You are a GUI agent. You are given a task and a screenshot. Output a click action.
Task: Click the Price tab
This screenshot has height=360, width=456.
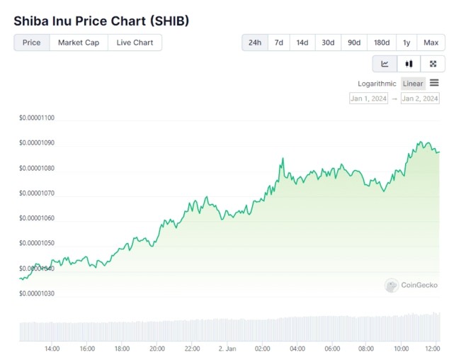pos(32,43)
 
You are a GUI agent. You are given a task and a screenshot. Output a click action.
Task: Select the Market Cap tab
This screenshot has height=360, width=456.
pos(79,43)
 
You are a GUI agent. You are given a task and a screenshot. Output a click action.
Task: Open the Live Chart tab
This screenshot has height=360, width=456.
pos(135,43)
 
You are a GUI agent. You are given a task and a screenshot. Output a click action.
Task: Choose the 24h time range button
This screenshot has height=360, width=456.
pos(255,43)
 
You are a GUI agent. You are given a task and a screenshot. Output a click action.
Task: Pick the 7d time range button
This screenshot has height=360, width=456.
pos(279,43)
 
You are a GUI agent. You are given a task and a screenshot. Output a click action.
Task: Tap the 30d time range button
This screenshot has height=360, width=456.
pos(328,43)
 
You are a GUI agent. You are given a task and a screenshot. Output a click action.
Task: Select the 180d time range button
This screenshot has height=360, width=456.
pos(382,43)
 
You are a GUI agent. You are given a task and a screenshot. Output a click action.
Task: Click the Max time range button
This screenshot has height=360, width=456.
pos(431,43)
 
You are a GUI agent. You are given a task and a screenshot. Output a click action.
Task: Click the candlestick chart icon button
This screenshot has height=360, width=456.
pos(409,64)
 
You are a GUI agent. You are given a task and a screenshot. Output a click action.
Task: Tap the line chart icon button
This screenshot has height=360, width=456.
pos(384,64)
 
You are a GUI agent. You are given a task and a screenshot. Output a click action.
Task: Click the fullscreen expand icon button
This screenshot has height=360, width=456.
pos(433,64)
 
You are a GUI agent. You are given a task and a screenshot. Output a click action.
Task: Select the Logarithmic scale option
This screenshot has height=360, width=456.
pos(377,84)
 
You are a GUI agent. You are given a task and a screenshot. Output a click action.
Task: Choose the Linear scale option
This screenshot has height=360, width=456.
pos(413,84)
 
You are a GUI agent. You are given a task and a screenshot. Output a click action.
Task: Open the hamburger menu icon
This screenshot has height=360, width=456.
pos(434,83)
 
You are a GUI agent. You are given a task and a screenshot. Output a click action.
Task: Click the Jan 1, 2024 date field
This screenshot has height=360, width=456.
pos(369,99)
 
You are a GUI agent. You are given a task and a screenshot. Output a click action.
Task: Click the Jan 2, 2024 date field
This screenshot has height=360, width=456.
pos(420,99)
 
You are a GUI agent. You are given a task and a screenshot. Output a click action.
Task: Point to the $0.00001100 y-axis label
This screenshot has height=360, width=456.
pos(37,118)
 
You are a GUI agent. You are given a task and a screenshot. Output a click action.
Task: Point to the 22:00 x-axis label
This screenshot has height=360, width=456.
pos(192,349)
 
